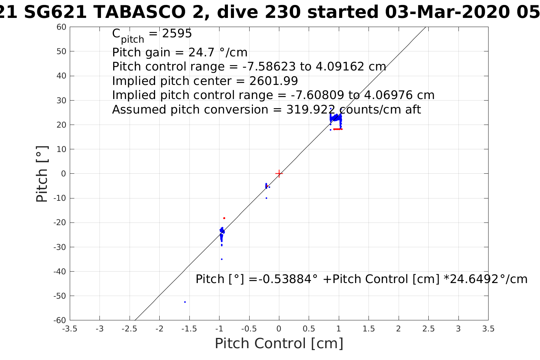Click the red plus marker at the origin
[x=279, y=173]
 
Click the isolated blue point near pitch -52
[x=185, y=302]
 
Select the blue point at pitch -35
[x=222, y=259]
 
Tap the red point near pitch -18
[x=224, y=218]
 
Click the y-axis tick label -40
[x=59, y=271]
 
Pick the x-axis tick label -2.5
[x=130, y=329]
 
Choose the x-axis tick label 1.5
[x=369, y=329]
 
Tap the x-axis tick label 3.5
[x=488, y=329]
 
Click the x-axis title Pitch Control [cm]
[x=279, y=344]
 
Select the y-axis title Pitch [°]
[x=42, y=174]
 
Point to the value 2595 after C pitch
[x=177, y=34]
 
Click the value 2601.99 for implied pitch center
[x=273, y=81]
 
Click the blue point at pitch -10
[x=266, y=198]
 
